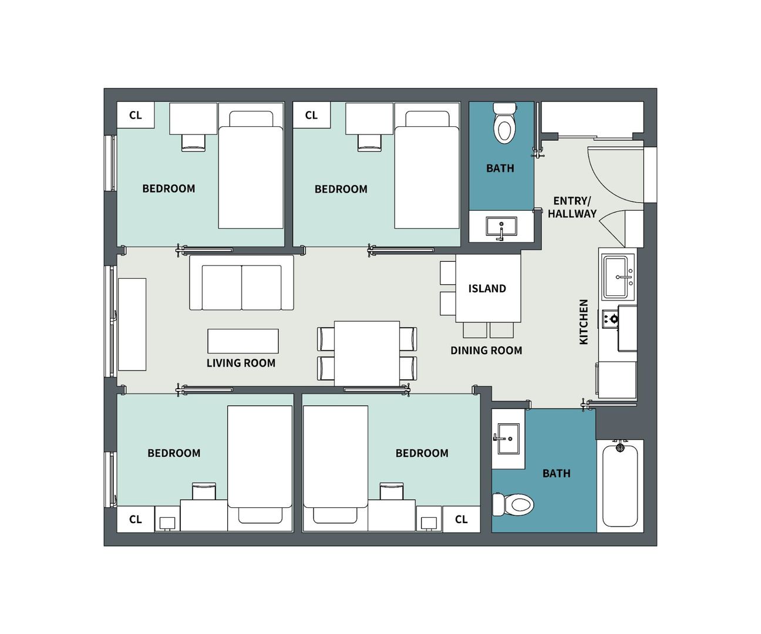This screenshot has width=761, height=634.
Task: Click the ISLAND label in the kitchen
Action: point(487,289)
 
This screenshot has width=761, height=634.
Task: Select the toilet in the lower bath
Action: point(513,504)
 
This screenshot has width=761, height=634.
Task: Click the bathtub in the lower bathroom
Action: point(620,484)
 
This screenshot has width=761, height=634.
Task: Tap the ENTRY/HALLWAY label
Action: point(572,207)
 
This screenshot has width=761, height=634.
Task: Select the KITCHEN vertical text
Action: point(584,322)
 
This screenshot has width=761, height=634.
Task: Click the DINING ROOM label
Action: point(486,350)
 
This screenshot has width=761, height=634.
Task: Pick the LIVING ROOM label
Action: point(241,363)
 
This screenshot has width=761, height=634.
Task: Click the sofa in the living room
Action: point(241,283)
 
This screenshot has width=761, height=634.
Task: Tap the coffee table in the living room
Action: point(243,341)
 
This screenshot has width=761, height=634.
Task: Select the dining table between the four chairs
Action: point(367,353)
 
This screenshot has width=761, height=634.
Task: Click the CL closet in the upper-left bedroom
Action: point(136,115)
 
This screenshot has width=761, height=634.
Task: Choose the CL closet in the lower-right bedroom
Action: point(461,519)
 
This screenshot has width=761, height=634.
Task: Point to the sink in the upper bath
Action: point(501,226)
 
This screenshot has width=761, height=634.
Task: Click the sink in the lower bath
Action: point(509,439)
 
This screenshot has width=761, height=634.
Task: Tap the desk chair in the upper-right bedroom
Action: point(369,143)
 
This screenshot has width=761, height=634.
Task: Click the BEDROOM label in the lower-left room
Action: point(174,453)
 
